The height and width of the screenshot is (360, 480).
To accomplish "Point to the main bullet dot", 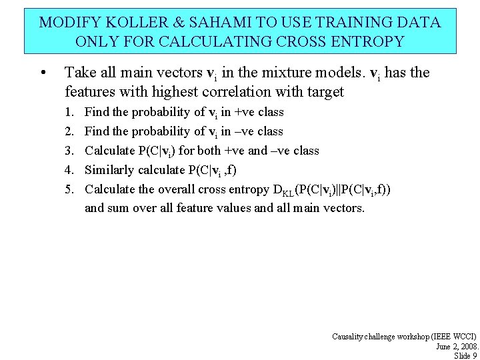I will click(43, 73).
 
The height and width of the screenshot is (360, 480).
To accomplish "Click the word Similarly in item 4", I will click(109, 170).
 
